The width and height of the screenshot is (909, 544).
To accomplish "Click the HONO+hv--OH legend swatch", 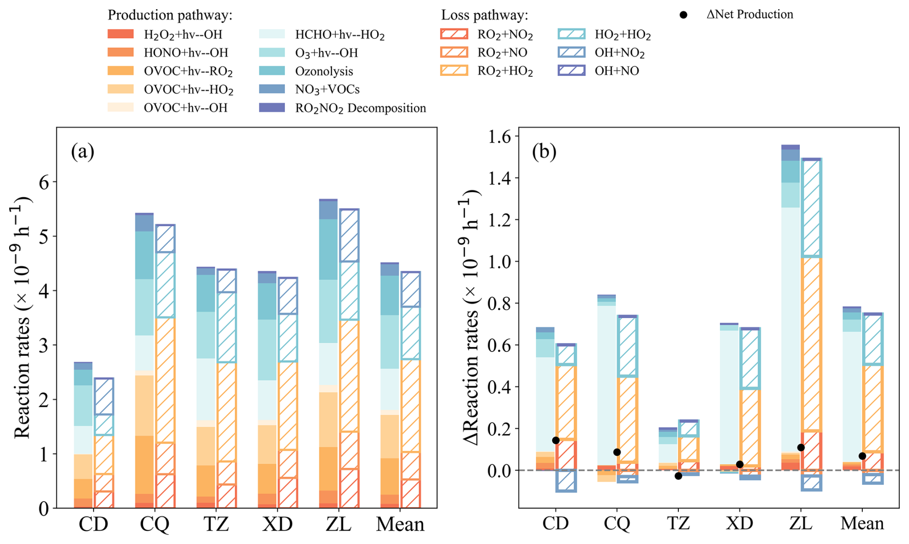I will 121,52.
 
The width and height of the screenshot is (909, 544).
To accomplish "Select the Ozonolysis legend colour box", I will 272,71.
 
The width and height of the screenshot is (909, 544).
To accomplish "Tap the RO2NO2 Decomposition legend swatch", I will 272,108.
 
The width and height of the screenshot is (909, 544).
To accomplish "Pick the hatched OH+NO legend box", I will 571,71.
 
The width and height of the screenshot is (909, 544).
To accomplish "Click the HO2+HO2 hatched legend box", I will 571,34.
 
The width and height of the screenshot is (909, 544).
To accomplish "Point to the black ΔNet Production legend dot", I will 683,15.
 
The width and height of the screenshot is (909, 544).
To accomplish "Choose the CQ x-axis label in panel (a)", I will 155,524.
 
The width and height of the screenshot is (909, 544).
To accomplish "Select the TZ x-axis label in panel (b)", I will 678,523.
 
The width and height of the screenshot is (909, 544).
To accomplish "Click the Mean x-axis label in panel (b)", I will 862,523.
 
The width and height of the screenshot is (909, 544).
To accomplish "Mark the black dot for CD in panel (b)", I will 556,440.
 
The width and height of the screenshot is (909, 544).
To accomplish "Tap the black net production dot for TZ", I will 678,476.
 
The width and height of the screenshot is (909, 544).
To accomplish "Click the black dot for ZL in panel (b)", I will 801,447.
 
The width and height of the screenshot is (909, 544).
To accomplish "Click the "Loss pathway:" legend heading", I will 484,15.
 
